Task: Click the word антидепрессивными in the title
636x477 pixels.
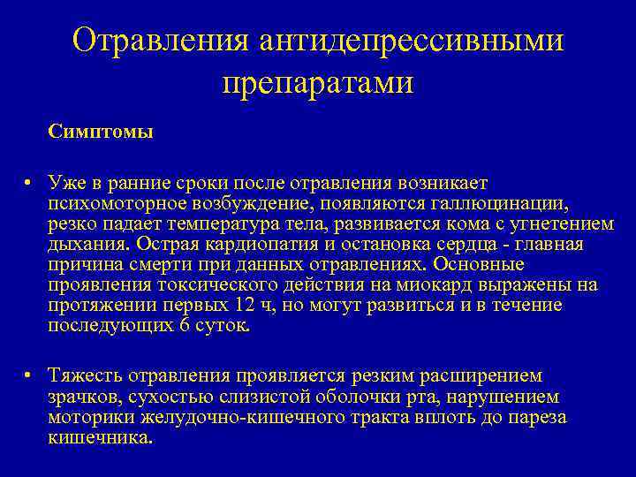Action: point(413,40)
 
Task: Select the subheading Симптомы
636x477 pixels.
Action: point(102,132)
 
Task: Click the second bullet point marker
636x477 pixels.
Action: point(28,375)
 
